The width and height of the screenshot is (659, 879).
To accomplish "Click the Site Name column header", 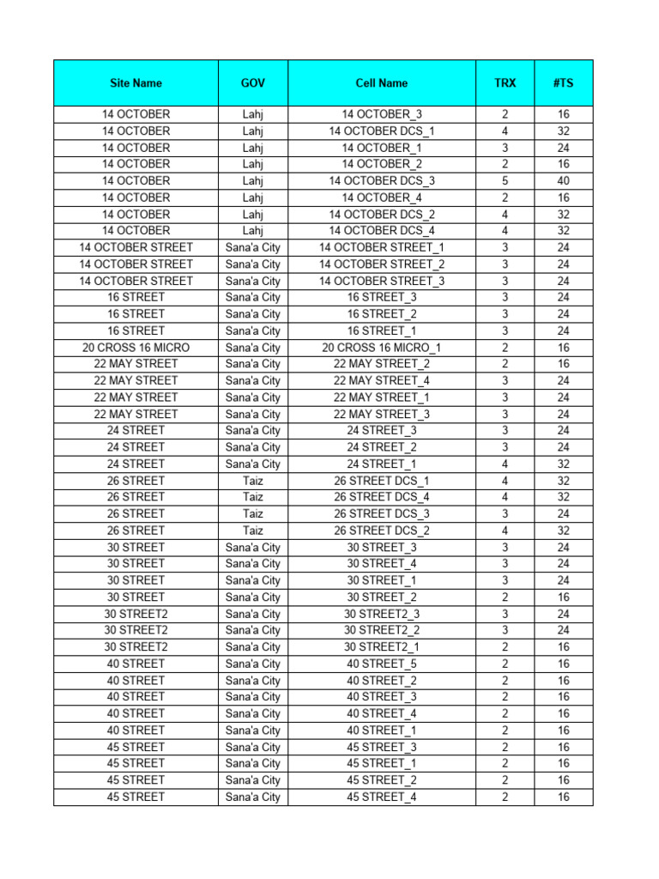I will pos(136,83).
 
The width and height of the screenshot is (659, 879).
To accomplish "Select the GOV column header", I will pos(253,83).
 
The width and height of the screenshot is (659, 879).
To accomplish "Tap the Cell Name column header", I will pos(382,83).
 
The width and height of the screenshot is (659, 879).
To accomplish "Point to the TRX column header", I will pos(505,83).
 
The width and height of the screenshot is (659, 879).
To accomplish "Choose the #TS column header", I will pos(564,83).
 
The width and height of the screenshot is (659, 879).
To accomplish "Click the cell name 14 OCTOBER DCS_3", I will pos(382,181).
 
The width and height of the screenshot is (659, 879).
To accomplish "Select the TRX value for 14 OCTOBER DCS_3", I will pos(505,181).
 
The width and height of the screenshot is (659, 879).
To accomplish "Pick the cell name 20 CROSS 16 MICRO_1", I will pos(382,348).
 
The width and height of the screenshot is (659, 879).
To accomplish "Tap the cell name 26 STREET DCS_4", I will pos(382,497).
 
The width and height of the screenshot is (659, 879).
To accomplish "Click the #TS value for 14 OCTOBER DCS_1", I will pos(564,131).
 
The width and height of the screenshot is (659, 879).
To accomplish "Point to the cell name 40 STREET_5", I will pos(382,664).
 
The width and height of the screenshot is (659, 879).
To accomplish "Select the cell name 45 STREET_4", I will pos(382,797).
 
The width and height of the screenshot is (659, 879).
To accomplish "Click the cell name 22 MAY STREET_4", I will pos(382,380).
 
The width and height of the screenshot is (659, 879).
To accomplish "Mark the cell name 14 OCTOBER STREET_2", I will pos(382,264).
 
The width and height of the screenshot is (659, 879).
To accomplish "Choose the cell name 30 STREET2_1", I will pos(382,646).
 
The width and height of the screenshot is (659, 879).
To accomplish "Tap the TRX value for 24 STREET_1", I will pos(505,464).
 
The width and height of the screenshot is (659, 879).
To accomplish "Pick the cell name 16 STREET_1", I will pos(382,330).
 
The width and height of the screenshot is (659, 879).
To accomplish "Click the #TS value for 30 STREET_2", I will pos(564,597).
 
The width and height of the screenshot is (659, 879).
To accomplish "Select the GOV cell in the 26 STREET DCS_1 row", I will pos(253,481).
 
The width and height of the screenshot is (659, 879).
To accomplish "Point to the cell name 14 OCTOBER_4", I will pos(382,197).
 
